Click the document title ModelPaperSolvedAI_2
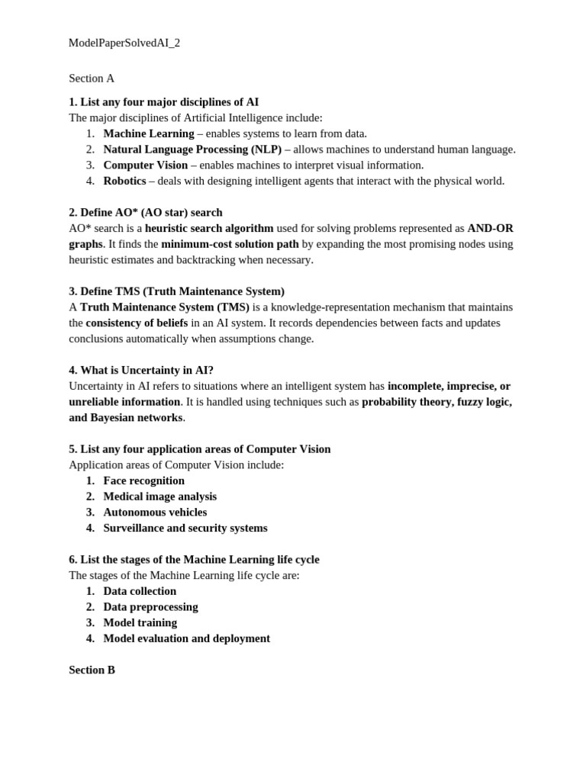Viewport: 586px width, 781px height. coord(124,43)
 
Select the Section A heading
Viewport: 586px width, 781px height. coord(92,78)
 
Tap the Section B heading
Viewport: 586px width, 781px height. coord(92,670)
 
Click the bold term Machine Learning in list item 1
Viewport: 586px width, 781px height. coord(149,133)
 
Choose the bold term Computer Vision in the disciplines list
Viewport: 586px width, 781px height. coord(146,165)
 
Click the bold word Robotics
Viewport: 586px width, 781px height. coord(124,181)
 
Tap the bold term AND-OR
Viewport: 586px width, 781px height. coord(491,228)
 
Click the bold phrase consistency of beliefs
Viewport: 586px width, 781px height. coord(137,323)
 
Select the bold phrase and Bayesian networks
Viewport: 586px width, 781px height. coord(126,417)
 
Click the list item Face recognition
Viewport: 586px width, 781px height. coord(144,480)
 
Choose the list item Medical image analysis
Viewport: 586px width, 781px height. coord(160,497)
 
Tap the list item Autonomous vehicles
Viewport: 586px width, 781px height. coord(155,513)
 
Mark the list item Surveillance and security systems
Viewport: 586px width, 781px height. coord(185,528)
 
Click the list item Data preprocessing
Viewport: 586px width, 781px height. coord(150,607)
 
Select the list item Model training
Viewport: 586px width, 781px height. coord(140,622)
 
